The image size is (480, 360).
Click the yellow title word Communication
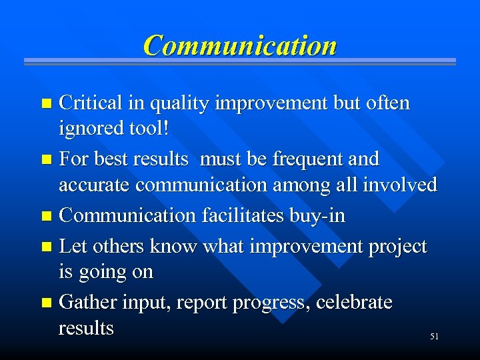[240, 45]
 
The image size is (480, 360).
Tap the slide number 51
[434, 337]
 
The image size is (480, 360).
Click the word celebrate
[354, 303]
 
